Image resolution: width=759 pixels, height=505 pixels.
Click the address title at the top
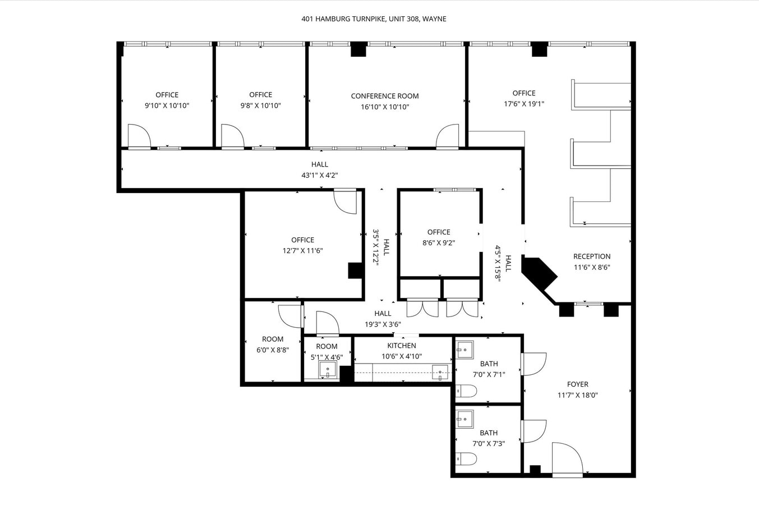pyautogui.click(x=374, y=19)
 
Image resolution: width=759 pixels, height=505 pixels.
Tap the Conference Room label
pyautogui.click(x=385, y=96)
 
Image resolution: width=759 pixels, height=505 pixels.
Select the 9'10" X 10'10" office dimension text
pyautogui.click(x=167, y=105)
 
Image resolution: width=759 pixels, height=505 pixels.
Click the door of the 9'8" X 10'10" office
pyautogui.click(x=232, y=136)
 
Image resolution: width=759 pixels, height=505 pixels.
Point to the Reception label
pyautogui.click(x=592, y=256)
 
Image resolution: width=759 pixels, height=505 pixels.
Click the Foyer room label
pyautogui.click(x=577, y=384)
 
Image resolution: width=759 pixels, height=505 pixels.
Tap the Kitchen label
pyautogui.click(x=402, y=346)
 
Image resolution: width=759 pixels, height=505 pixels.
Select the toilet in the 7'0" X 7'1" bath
pyautogui.click(x=466, y=391)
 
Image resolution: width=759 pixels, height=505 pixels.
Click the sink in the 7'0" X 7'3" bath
pyautogui.click(x=464, y=419)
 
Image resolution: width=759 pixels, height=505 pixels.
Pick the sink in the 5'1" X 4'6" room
pyautogui.click(x=328, y=369)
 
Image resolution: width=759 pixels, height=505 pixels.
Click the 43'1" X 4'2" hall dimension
pyautogui.click(x=320, y=175)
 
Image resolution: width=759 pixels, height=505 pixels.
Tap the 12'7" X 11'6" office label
pyautogui.click(x=302, y=240)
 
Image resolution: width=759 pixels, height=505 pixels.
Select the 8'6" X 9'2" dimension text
pyautogui.click(x=439, y=243)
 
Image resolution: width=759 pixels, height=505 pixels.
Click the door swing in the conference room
pyautogui.click(x=448, y=136)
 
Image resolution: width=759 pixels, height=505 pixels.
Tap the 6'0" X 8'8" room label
pyautogui.click(x=273, y=339)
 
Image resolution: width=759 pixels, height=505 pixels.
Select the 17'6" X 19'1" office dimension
pyautogui.click(x=524, y=104)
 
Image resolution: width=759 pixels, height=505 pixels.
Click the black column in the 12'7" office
pyautogui.click(x=356, y=270)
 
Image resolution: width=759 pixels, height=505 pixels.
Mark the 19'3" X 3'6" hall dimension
pyautogui.click(x=383, y=324)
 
